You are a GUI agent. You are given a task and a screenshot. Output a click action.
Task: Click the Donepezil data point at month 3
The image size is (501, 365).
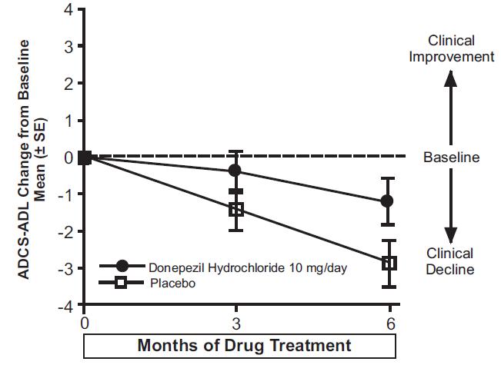(235, 170)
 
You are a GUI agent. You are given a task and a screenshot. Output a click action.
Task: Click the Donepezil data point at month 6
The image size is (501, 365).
(388, 201)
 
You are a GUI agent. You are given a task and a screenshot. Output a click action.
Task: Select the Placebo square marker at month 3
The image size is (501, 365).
(235, 209)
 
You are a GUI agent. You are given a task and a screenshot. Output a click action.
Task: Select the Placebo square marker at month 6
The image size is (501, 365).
(389, 263)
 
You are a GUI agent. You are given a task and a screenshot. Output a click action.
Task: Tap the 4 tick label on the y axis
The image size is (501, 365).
(69, 10)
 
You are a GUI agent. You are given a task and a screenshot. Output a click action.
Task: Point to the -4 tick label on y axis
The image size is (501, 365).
(66, 305)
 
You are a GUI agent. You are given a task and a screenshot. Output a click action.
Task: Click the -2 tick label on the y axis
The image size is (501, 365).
(66, 231)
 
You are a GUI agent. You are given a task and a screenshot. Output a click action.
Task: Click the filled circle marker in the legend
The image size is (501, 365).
(122, 266)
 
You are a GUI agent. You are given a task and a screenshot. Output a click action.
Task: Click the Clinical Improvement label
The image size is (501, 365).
(451, 48)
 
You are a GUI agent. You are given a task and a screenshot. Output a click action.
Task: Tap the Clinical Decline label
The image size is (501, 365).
(451, 261)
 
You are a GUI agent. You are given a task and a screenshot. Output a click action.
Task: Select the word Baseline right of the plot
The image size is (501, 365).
(451, 158)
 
